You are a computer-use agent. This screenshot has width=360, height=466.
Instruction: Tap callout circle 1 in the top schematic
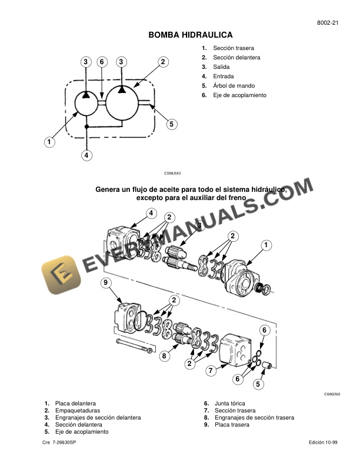click(x=49, y=142)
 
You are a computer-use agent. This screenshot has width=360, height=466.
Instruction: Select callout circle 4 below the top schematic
click(x=86, y=155)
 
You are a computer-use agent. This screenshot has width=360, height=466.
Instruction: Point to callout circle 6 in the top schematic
click(x=102, y=62)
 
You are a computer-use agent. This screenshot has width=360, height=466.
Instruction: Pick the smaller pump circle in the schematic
click(x=86, y=104)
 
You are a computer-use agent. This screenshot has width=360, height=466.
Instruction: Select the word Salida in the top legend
click(x=222, y=66)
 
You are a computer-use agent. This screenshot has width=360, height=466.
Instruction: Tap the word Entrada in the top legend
click(x=224, y=76)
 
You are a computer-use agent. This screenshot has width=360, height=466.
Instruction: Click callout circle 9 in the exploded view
click(x=106, y=284)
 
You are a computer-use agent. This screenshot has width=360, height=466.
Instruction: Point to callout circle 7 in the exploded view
click(x=210, y=371)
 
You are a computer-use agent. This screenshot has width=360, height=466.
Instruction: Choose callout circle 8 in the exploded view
click(x=165, y=355)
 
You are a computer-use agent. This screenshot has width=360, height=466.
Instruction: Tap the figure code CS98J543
click(x=172, y=174)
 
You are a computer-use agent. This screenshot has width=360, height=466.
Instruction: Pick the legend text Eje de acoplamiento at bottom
click(x=82, y=431)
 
